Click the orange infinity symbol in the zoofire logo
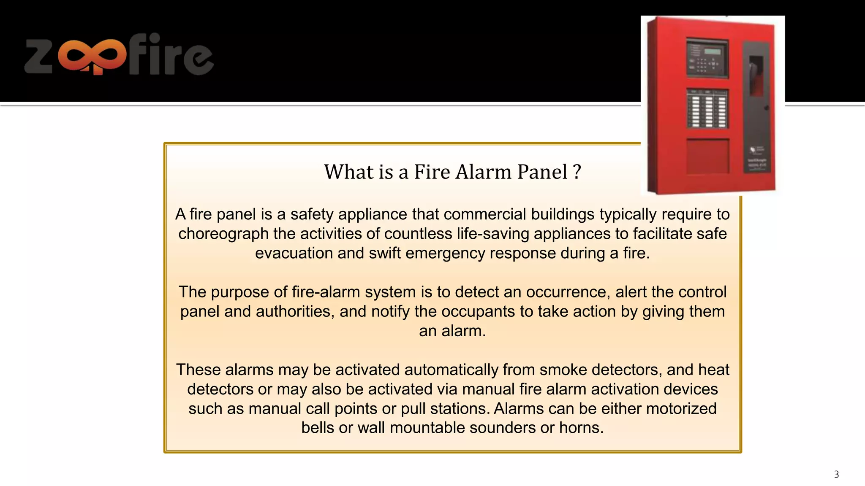(x=92, y=55)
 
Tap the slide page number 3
(x=836, y=475)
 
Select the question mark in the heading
(x=577, y=172)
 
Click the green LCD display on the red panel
(x=713, y=51)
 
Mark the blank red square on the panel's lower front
(x=707, y=156)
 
